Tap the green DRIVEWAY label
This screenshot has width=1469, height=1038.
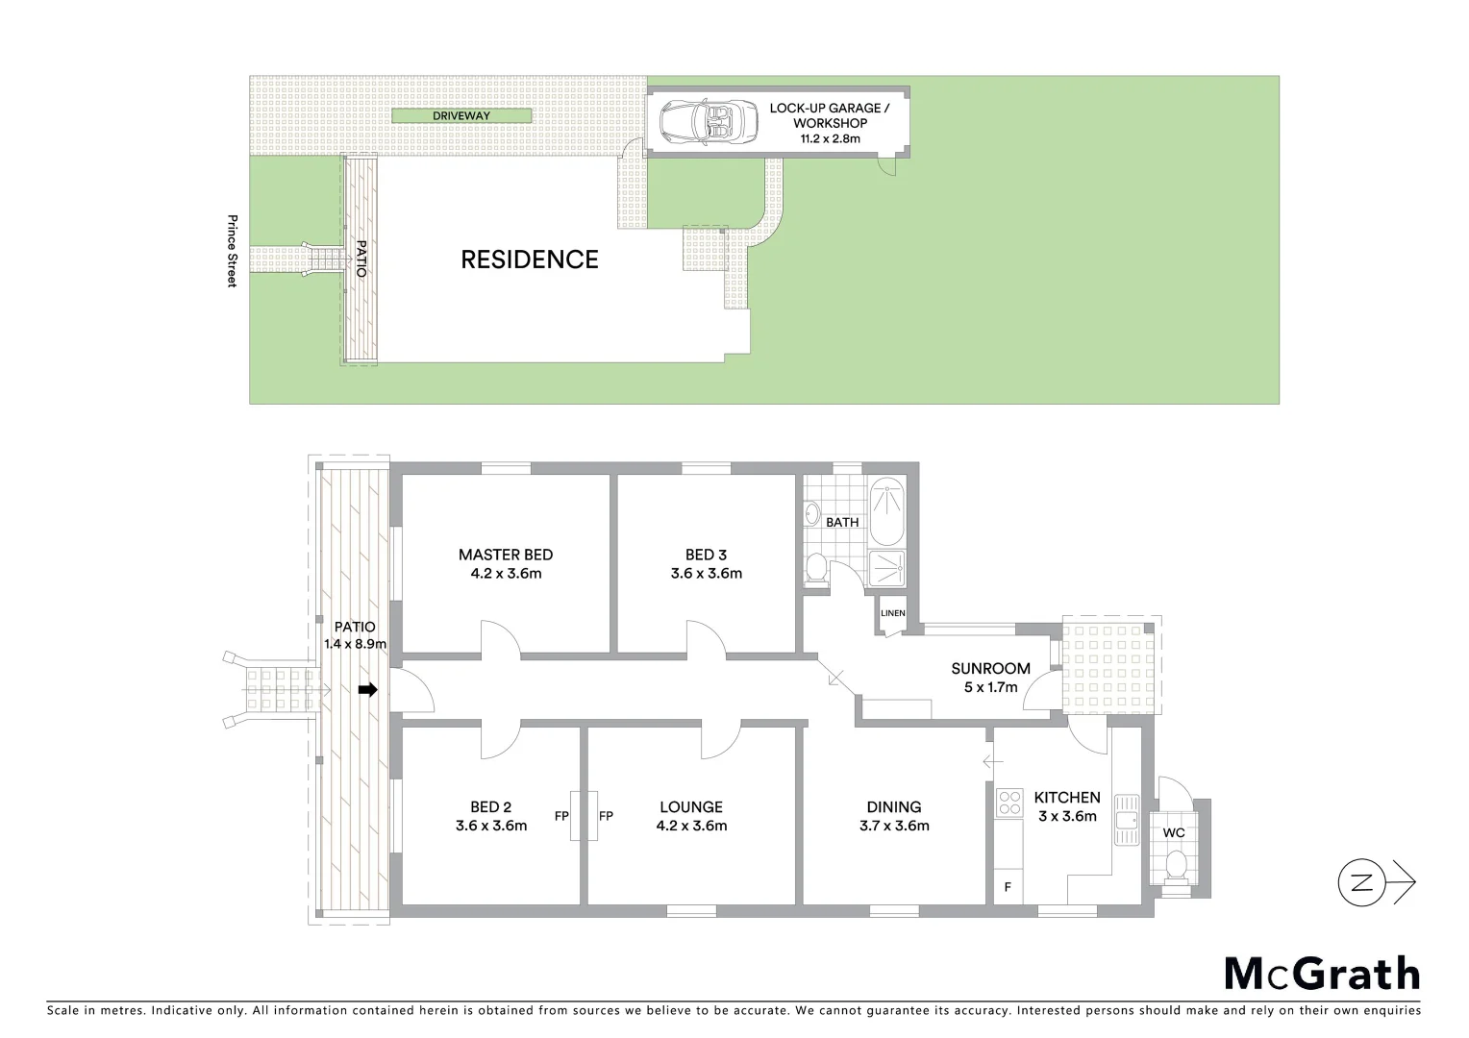tap(461, 116)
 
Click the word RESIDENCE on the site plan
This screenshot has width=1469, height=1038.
tap(530, 259)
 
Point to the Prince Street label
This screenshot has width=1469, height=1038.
tap(232, 250)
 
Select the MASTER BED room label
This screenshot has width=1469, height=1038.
tap(506, 555)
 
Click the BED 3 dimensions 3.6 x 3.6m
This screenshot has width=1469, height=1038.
tap(707, 574)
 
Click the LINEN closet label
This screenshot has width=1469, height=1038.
tap(892, 613)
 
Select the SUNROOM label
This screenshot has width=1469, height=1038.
tap(990, 669)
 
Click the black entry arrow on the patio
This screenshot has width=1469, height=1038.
tap(367, 689)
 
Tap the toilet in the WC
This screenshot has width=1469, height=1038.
tap(1175, 868)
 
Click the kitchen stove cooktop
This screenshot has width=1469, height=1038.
tap(1009, 803)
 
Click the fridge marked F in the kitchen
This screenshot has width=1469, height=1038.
tap(1008, 887)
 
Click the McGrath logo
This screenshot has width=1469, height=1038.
tap(1322, 974)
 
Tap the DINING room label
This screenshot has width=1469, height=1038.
tap(894, 807)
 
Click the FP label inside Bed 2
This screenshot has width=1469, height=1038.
tap(561, 817)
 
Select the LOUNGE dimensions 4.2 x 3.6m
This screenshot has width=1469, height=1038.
tap(691, 826)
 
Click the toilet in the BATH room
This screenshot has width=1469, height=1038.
tap(817, 568)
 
